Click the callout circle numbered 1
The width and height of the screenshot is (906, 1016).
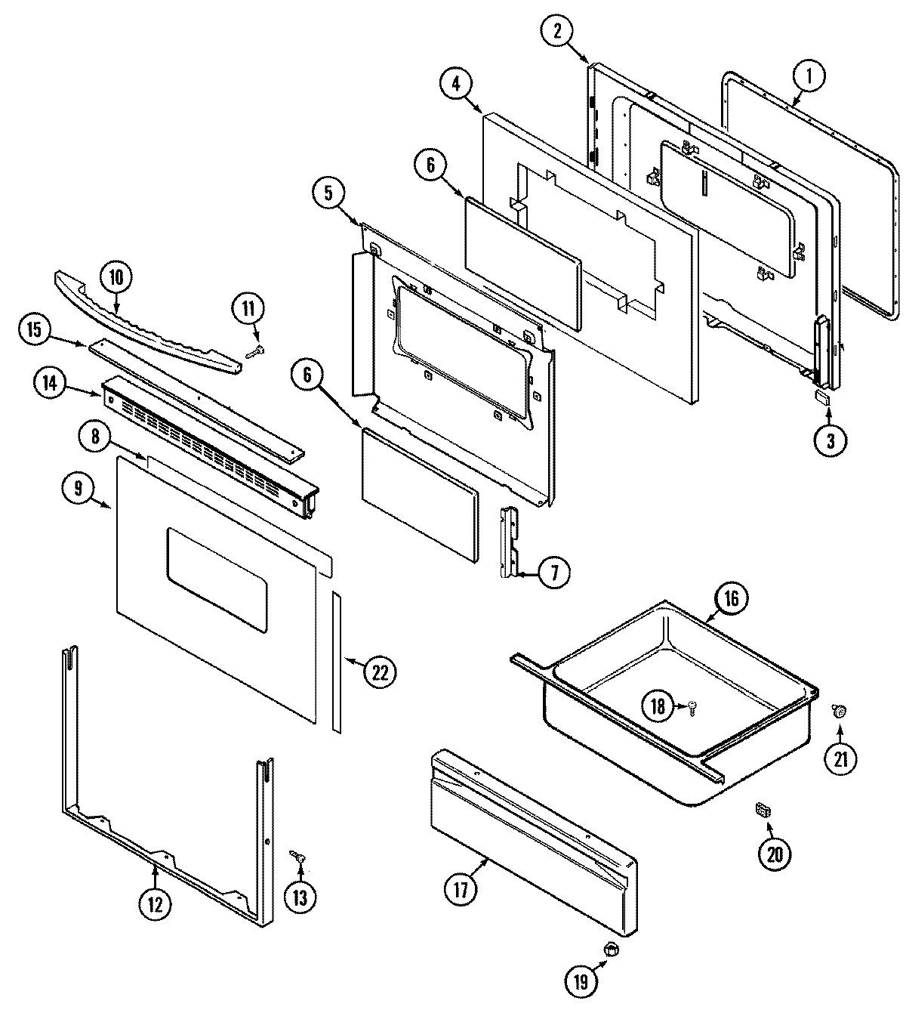pyautogui.click(x=809, y=76)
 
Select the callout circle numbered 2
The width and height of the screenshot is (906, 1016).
pyautogui.click(x=557, y=31)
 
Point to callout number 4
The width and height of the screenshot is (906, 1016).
pyautogui.click(x=455, y=84)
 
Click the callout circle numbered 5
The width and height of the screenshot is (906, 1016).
pyautogui.click(x=328, y=193)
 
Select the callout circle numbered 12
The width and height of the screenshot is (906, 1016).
pyautogui.click(x=154, y=904)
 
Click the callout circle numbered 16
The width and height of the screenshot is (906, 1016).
pyautogui.click(x=732, y=598)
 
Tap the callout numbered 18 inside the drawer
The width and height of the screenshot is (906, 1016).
pyautogui.click(x=658, y=706)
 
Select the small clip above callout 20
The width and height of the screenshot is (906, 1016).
pyautogui.click(x=763, y=811)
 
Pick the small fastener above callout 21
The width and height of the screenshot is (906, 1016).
pyautogui.click(x=839, y=709)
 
